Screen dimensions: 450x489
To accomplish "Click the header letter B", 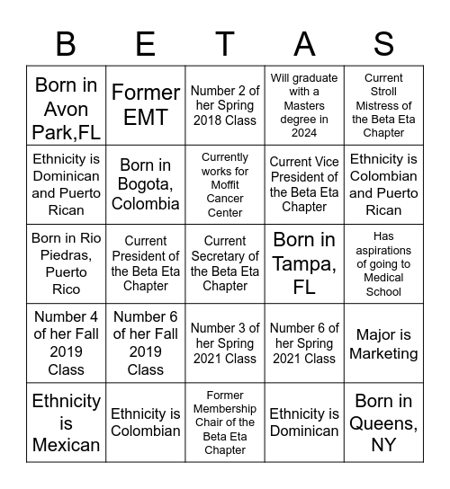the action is click(66, 43).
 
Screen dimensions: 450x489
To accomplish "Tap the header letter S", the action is click(383, 43).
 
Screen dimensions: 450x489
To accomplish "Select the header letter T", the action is click(225, 43).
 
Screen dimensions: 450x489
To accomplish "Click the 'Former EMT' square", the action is click(146, 105).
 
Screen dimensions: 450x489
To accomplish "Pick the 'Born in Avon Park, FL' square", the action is click(66, 105).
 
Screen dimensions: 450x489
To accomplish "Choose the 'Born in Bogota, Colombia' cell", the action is click(146, 184).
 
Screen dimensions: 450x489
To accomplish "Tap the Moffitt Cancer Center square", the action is click(225, 184).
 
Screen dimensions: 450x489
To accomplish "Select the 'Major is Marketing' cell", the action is click(383, 343).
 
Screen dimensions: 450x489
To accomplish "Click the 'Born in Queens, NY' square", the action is click(383, 422).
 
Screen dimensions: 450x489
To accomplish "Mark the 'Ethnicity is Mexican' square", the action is click(66, 422).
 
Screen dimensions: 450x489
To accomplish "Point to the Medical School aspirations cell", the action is click(383, 263).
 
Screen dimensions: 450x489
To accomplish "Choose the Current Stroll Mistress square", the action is click(383, 105).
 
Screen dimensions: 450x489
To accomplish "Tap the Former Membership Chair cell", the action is click(225, 422).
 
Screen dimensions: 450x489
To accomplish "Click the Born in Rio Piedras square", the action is click(66, 263).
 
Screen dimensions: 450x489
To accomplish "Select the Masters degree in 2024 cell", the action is click(304, 105).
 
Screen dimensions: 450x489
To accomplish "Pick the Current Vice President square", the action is click(304, 184).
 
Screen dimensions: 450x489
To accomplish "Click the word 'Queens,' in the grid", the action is click(383, 422).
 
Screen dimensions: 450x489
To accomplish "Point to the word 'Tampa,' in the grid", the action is click(304, 265).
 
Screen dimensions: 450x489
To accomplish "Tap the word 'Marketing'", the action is click(383, 353).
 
